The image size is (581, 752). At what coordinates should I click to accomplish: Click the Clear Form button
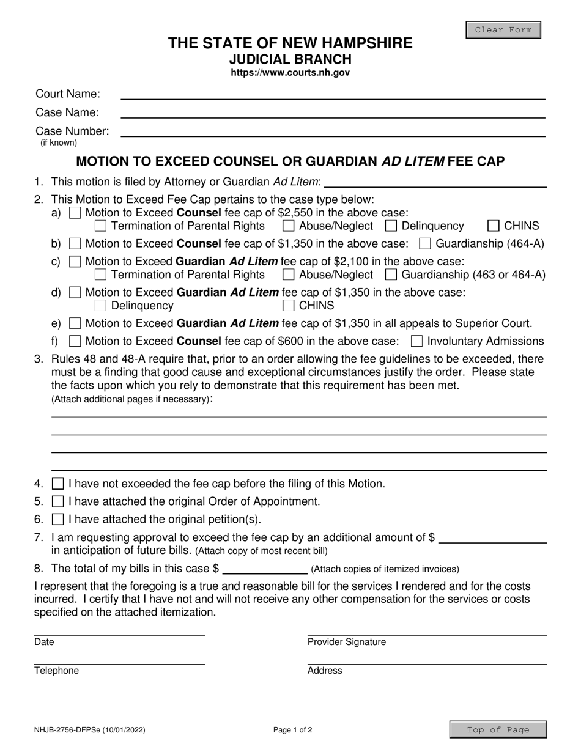tap(503, 30)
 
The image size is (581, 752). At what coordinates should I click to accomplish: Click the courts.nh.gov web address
tap(290, 73)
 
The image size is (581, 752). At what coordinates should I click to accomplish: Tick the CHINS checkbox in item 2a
tap(494, 226)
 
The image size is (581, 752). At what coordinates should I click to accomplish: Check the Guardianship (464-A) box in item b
tap(426, 244)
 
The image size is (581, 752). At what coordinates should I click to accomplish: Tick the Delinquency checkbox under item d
tap(102, 306)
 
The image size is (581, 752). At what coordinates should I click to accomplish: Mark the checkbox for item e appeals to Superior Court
tap(75, 323)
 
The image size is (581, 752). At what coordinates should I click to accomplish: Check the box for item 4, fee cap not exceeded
tap(58, 484)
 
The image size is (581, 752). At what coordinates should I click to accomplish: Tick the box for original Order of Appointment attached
tap(58, 502)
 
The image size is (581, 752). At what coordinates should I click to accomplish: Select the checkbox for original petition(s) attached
tap(58, 520)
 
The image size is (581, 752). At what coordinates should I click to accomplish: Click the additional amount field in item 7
tap(492, 538)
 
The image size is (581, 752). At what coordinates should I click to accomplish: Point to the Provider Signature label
tap(346, 642)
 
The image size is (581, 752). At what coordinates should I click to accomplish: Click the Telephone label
tap(56, 671)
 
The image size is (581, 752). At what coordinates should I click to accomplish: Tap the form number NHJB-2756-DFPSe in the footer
tap(90, 729)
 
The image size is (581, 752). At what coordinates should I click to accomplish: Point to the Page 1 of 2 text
tap(294, 729)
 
